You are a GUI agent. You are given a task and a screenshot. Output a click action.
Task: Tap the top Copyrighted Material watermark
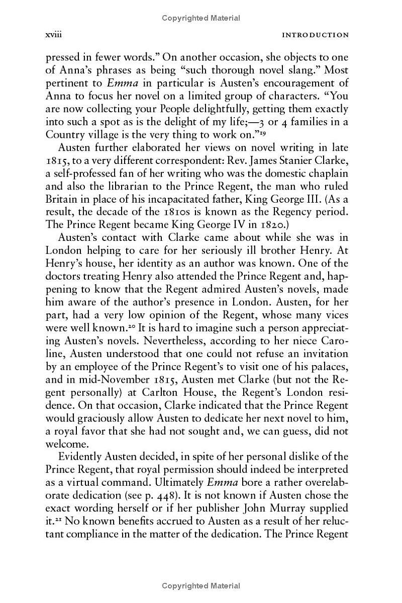(201, 18)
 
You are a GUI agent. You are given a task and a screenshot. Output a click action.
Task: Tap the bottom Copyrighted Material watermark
(201, 585)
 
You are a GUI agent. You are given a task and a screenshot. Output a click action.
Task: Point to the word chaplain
(329, 174)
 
